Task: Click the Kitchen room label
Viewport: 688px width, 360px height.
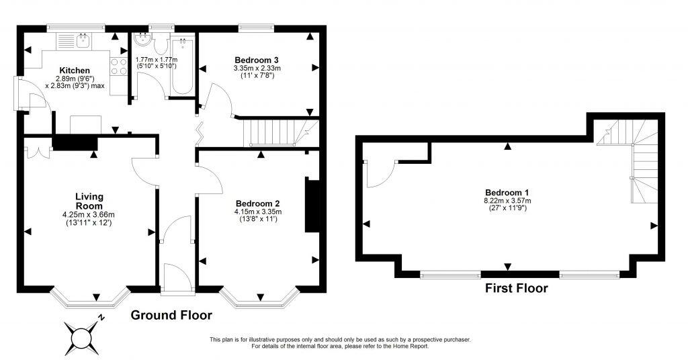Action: tap(75, 71)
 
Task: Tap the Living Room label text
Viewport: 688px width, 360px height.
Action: tap(89, 201)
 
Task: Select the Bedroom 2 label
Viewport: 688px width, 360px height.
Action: tap(257, 204)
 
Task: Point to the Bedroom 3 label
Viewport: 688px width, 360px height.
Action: tap(256, 60)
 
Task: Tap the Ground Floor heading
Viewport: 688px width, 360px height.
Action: tap(171, 315)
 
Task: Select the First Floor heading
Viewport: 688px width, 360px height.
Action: tap(516, 289)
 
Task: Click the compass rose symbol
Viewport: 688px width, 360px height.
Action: tap(83, 334)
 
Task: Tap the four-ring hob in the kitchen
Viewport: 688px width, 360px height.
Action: tap(118, 66)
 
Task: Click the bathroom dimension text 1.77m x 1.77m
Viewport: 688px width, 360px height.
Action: tap(157, 59)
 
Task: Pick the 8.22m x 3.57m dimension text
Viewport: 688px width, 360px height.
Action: tap(507, 200)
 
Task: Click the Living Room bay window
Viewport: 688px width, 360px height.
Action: tap(90, 299)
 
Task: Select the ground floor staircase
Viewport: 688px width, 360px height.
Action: tap(275, 131)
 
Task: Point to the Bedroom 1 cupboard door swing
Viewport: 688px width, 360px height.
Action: tap(378, 173)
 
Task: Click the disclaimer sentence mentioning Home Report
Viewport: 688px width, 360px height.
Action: tap(339, 347)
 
